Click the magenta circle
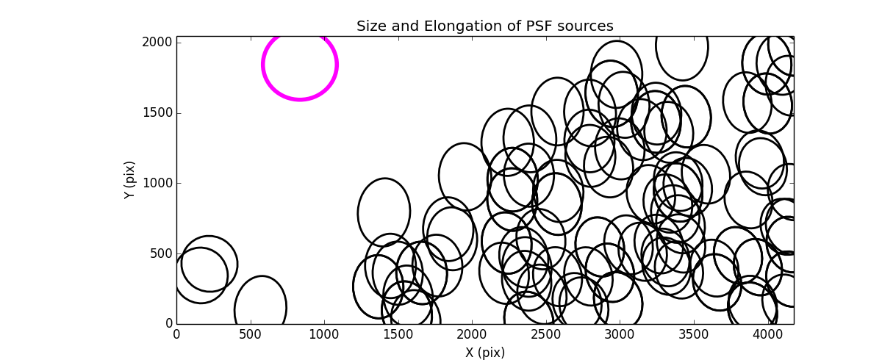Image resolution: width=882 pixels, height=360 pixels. [300, 65]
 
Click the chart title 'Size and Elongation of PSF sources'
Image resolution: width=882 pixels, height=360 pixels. [484, 26]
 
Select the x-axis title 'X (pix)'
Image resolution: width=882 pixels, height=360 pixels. [485, 353]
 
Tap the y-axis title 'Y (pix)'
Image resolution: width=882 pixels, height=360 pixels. [130, 180]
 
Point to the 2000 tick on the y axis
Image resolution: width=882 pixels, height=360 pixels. [158, 43]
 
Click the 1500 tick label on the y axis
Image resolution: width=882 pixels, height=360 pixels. [158, 113]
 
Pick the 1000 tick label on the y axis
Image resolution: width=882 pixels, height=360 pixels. [158, 183]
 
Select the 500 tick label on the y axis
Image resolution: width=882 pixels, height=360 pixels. [161, 253]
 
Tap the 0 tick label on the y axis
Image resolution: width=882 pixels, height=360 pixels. [168, 324]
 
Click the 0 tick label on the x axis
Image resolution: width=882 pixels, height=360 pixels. [176, 334]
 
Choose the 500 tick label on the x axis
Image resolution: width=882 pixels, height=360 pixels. [251, 334]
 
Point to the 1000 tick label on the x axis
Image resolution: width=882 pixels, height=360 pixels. [324, 334]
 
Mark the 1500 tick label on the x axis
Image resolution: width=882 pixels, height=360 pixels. [398, 334]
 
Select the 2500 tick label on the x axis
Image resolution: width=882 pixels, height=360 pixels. [546, 334]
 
